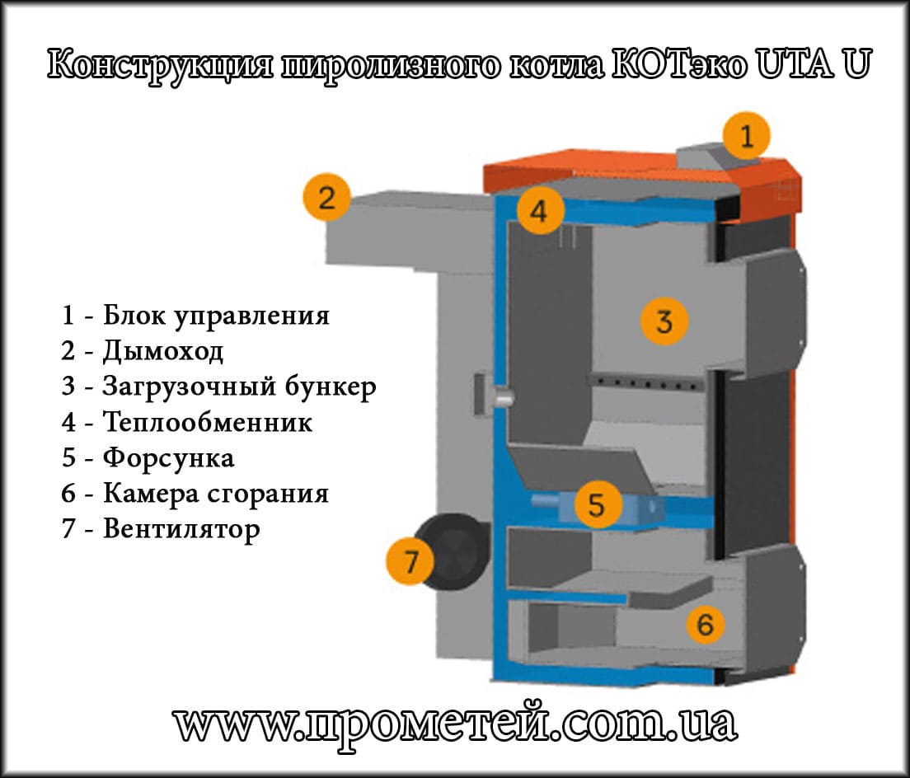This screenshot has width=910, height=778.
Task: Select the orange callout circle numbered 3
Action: pos(664,321)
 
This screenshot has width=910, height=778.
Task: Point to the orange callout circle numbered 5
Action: pos(596,504)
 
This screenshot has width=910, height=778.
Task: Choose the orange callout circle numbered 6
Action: pos(705,626)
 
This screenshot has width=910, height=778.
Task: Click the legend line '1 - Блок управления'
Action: pos(195,316)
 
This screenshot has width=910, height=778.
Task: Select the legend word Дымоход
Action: pos(163,352)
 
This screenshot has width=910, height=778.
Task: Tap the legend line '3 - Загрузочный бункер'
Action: pos(218,387)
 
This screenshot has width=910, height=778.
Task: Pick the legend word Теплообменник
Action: pos(208,423)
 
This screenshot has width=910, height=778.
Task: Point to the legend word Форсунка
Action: pos(168,457)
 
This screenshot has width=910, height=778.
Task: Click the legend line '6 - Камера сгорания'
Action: pos(195,493)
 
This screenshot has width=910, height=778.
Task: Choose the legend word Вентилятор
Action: pos(181,528)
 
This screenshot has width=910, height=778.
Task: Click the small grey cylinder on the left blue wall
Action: pos(500,397)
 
